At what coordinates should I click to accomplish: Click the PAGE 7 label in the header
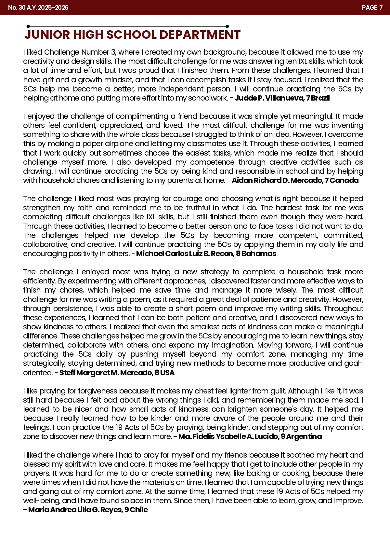pyautogui.click(x=372, y=7)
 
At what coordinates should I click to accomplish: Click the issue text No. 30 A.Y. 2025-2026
pyautogui.click(x=38, y=7)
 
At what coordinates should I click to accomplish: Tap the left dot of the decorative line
pyautogui.click(x=28, y=26)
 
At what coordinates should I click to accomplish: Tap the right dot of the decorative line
pyautogui.click(x=227, y=26)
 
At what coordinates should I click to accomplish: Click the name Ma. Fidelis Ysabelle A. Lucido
pyautogui.click(x=227, y=436)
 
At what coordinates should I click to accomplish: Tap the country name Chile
pyautogui.click(x=139, y=510)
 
